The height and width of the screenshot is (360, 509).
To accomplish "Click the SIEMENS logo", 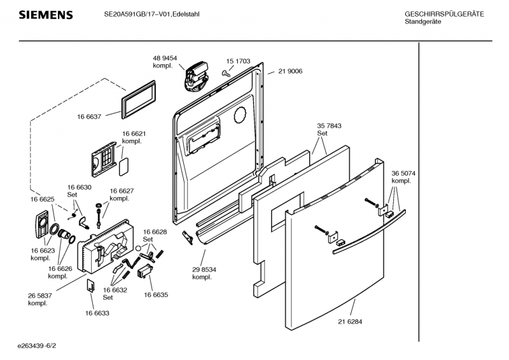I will (45, 15).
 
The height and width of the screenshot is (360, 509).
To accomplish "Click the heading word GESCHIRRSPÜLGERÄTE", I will (443, 14).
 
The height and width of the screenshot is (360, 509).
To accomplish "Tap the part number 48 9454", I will (164, 58).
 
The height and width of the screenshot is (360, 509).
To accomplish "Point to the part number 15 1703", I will (238, 62).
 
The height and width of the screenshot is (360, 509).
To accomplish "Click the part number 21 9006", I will (289, 71).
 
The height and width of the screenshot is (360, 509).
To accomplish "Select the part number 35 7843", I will (328, 126).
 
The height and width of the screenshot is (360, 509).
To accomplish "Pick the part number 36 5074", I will (403, 173).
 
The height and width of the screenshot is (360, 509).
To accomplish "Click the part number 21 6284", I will (350, 322).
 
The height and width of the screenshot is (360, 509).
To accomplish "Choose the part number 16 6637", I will (90, 116).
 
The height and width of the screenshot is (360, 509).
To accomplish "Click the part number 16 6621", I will (134, 134).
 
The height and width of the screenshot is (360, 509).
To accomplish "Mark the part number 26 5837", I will (40, 295).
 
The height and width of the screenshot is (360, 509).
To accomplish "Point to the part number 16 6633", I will (97, 313).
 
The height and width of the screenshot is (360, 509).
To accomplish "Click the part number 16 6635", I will (155, 294).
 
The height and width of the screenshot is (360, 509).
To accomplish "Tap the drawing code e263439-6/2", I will (41, 347).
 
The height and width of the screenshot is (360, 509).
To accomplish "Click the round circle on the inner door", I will (240, 115).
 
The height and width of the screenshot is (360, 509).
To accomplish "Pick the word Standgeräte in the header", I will (422, 22).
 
